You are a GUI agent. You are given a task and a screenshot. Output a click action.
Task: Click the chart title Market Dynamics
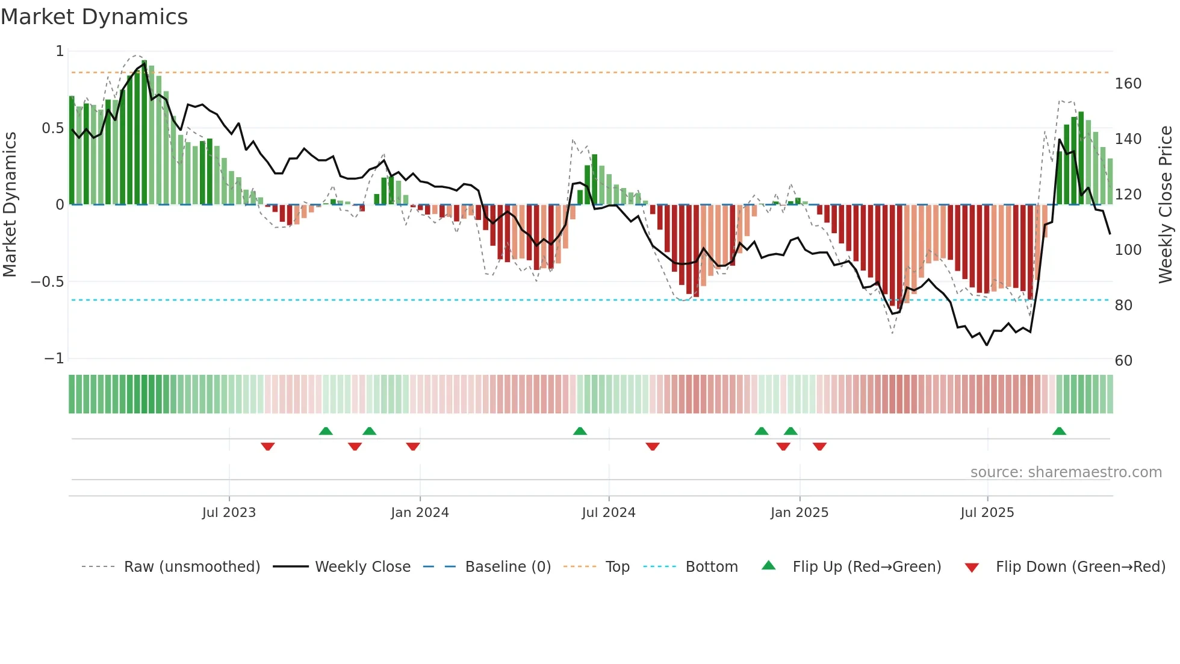(94, 17)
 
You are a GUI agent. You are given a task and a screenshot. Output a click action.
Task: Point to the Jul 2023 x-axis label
(229, 513)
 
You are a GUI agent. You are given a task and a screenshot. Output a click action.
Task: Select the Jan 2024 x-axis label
(420, 513)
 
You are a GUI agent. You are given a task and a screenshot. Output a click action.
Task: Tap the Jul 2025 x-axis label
(987, 513)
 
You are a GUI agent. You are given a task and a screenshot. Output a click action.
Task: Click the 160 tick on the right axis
(1128, 84)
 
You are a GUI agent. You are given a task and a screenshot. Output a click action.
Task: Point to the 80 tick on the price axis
(1123, 305)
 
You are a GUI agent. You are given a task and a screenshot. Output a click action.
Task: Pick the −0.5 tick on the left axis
(47, 282)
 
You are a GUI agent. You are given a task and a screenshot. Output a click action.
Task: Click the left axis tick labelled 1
(60, 51)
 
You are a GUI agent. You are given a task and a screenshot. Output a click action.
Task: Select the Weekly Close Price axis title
(1166, 205)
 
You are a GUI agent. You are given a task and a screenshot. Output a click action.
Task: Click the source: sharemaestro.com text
(1066, 472)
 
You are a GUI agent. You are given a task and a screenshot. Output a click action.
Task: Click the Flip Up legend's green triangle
(769, 566)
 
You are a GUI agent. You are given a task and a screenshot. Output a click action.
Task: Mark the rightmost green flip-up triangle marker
(1059, 431)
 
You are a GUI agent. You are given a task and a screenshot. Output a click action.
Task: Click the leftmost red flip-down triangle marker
(268, 446)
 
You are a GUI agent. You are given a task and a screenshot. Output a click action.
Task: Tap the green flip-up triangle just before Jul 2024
(580, 431)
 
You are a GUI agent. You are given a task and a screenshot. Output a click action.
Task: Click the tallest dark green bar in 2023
(144, 133)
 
